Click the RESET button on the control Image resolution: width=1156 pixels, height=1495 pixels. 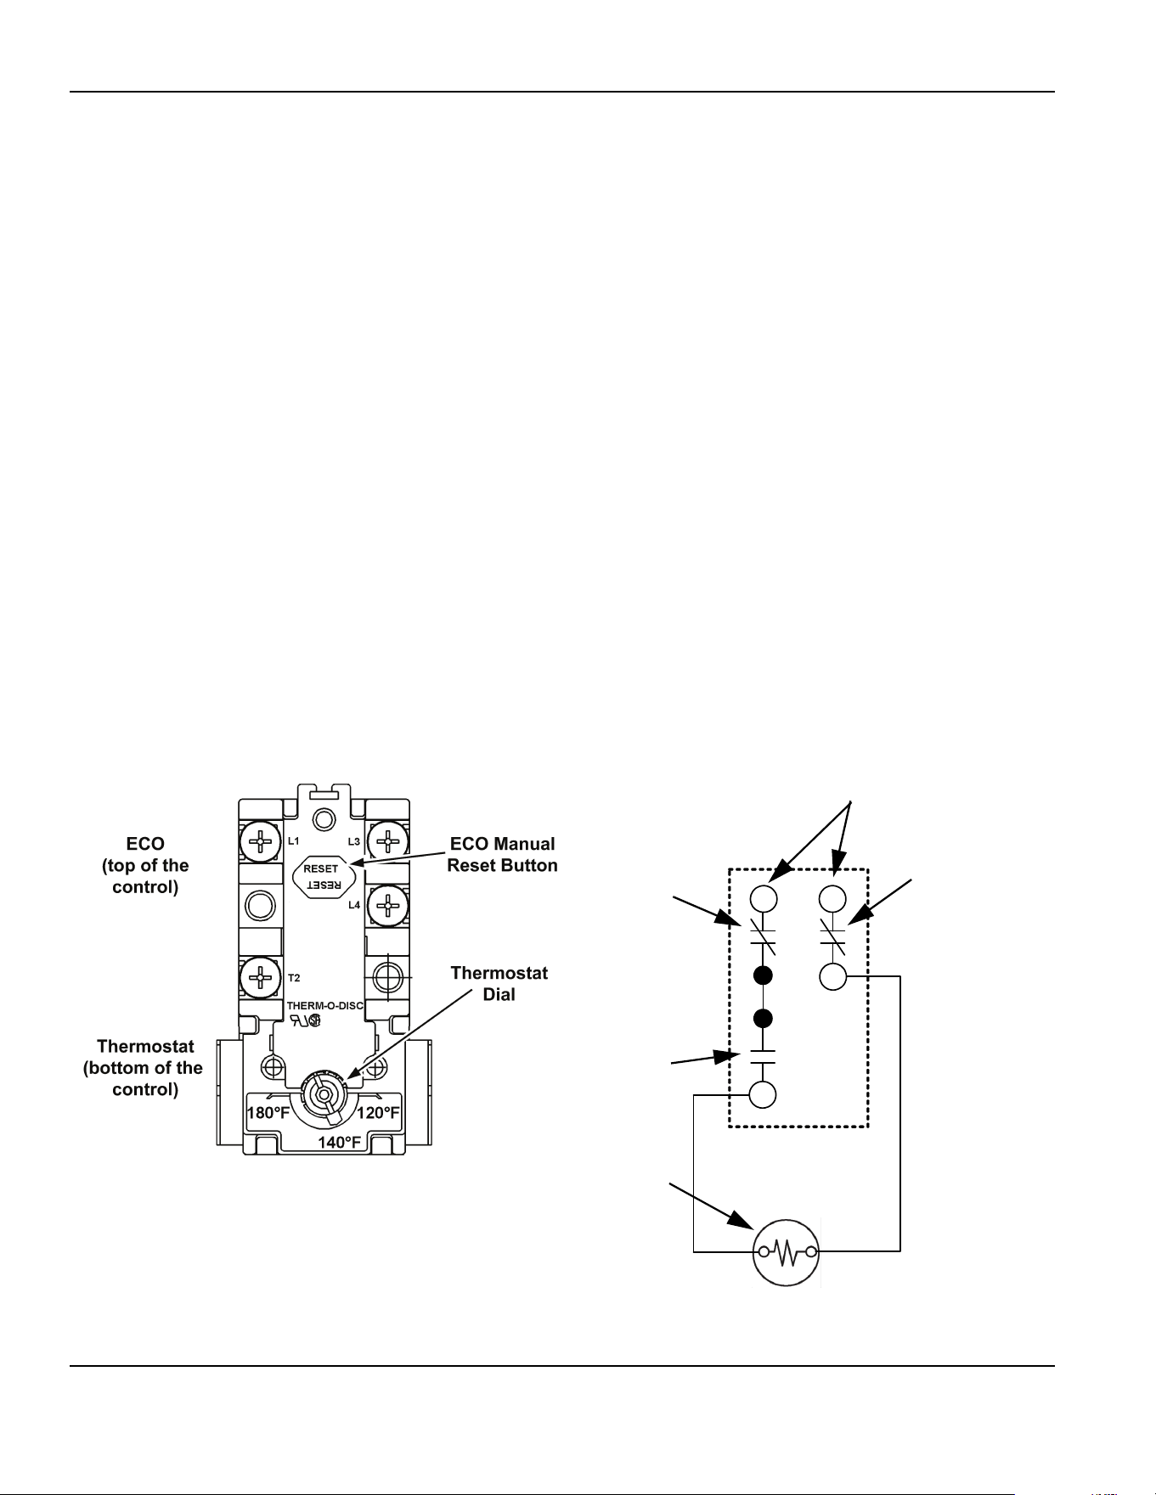[321, 876]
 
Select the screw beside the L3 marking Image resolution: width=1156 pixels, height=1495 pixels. [387, 841]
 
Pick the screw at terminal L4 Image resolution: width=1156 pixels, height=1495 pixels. [387, 906]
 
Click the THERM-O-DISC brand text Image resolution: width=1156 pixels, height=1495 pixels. [325, 1006]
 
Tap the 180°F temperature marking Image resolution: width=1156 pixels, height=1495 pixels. [268, 1113]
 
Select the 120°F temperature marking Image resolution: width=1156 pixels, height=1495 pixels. [378, 1113]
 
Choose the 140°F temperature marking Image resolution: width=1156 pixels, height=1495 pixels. [340, 1143]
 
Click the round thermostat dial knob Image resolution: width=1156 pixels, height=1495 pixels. [324, 1094]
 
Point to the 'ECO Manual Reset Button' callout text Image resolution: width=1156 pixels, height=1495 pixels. [502, 855]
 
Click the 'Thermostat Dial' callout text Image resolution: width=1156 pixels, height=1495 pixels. [499, 983]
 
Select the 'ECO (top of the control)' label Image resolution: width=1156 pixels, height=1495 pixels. [145, 866]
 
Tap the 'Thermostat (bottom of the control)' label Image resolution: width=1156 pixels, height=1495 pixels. [144, 1068]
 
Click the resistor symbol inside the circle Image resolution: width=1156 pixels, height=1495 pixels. [787, 1251]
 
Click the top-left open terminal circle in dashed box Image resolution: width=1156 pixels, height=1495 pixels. [763, 898]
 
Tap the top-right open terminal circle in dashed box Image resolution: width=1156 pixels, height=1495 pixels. [832, 898]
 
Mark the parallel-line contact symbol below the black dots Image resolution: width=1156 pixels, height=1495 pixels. [763, 1056]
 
